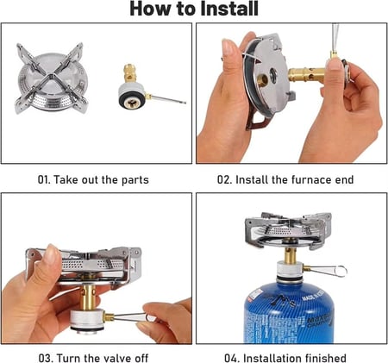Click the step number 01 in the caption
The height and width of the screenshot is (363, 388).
click(44, 180)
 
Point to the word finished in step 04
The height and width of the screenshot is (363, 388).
click(325, 358)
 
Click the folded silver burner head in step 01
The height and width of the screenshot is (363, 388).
click(51, 78)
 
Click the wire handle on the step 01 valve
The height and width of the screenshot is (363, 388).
click(167, 99)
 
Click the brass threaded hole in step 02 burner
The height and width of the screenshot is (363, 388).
click(262, 80)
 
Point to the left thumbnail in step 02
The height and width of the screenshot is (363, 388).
click(228, 47)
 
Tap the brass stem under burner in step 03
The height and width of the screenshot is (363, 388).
click(89, 297)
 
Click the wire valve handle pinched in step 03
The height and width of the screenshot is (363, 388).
click(131, 317)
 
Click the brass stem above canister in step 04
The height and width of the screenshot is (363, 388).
click(291, 255)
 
